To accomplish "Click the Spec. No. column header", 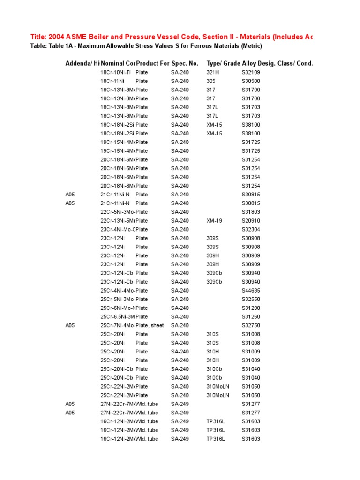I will pyautogui.click(x=185, y=63).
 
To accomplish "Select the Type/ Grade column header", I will pyautogui.click(x=223, y=63).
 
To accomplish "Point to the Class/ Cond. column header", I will pyautogui.click(x=295, y=63).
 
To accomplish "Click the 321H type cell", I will pyautogui.click(x=213, y=72).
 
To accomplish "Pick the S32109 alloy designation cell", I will pyautogui.click(x=251, y=72).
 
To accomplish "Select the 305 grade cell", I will pyautogui.click(x=211, y=81).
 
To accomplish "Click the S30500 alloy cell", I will pyautogui.click(x=251, y=81).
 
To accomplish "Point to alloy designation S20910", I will pyautogui.click(x=251, y=221).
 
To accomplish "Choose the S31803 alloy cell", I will pyautogui.click(x=251, y=212).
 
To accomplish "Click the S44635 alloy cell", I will pyautogui.click(x=251, y=291).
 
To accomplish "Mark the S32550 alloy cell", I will pyautogui.click(x=251, y=299).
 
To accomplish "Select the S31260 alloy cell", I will pyautogui.click(x=251, y=317).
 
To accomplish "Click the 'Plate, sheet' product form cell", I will pyautogui.click(x=150, y=325).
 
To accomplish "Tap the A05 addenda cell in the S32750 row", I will pyautogui.click(x=70, y=325).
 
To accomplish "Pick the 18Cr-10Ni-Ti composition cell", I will pyautogui.click(x=116, y=72).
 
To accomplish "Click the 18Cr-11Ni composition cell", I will pyautogui.click(x=111, y=81).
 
